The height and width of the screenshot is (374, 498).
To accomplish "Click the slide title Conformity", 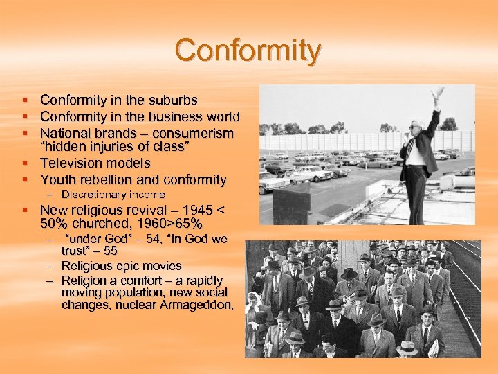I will click(248, 51).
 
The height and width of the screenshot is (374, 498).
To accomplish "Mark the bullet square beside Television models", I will click(26, 163).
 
